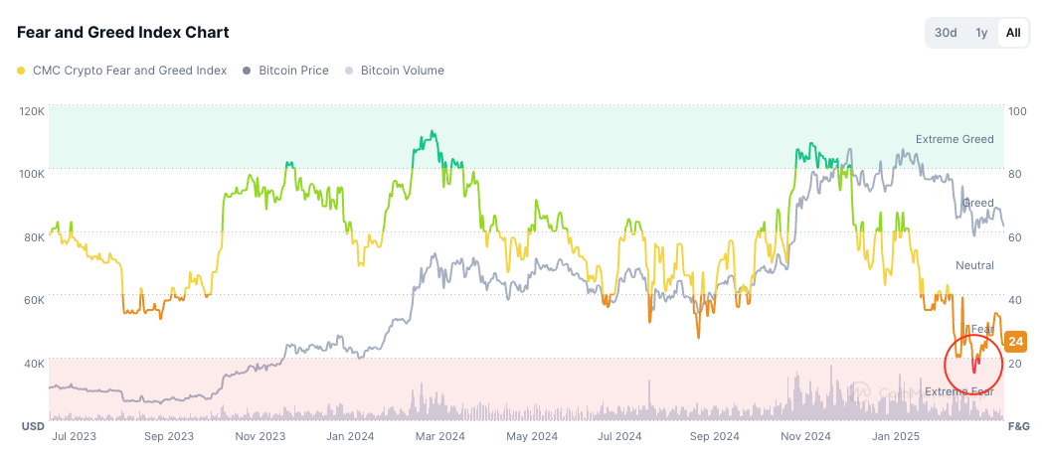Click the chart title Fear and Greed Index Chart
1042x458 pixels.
(x=123, y=33)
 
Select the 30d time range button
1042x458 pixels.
(x=945, y=33)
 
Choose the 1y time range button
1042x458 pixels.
(x=981, y=33)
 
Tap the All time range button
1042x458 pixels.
(x=1012, y=33)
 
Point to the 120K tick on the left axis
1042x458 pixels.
(x=32, y=110)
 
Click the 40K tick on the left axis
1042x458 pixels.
(x=32, y=364)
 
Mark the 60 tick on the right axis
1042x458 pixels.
(x=1014, y=237)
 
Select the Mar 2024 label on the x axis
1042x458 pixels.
(x=439, y=435)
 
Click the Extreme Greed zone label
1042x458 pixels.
(x=955, y=139)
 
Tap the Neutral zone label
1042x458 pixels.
(x=974, y=265)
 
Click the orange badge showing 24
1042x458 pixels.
(x=1015, y=342)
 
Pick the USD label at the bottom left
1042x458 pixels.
(x=32, y=426)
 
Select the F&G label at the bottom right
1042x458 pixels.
(x=1018, y=426)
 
